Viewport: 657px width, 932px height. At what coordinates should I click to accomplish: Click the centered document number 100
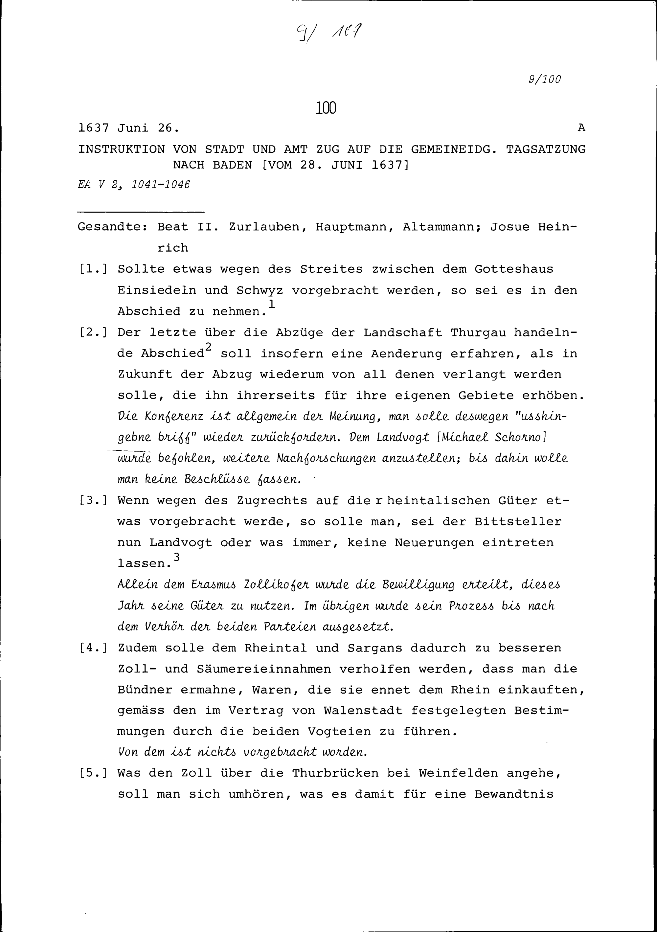(x=326, y=108)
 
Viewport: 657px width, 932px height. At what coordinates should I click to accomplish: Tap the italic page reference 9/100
(x=545, y=79)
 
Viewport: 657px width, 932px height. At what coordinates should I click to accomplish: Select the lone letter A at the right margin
(x=581, y=128)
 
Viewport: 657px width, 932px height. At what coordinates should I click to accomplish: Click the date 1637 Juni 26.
(x=128, y=128)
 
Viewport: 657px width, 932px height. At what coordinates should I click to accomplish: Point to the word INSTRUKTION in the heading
(x=121, y=149)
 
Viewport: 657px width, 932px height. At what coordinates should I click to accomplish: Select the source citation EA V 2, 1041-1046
(x=134, y=185)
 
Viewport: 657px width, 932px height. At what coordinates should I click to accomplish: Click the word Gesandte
(x=112, y=227)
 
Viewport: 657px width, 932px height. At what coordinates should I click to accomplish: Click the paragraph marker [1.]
(x=93, y=269)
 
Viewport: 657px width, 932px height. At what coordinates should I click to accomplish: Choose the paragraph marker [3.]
(x=93, y=501)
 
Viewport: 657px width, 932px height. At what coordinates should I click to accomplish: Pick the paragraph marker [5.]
(x=93, y=773)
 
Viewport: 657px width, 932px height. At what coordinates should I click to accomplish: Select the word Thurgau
(x=478, y=333)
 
